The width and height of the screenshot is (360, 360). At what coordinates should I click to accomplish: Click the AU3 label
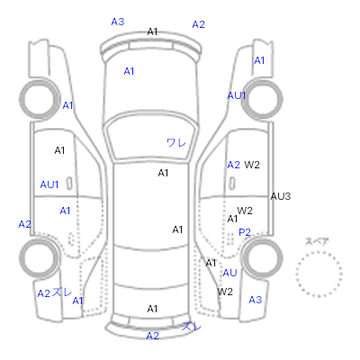(x=281, y=196)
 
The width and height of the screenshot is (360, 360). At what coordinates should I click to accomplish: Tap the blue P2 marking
(x=245, y=232)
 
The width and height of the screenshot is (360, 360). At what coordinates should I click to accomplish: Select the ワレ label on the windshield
(x=176, y=142)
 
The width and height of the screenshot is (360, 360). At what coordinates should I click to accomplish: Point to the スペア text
(x=317, y=241)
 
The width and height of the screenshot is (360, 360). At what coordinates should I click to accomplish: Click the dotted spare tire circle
(x=319, y=252)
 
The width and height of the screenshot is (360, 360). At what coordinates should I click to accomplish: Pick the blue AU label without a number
(x=229, y=273)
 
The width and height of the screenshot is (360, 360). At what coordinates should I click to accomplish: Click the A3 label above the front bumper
(x=118, y=22)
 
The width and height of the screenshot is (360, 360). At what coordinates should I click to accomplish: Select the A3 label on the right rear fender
(x=256, y=300)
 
